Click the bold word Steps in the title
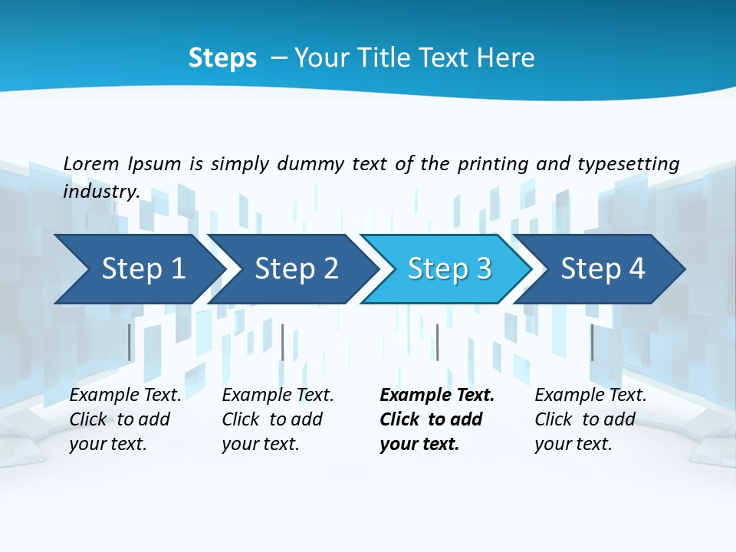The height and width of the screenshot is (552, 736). [222, 58]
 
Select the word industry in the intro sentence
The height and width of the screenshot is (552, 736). [100, 191]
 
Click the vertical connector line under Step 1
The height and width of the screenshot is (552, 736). [130, 342]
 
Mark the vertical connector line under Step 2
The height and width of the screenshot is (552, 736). [283, 342]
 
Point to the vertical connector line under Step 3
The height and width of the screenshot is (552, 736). [437, 342]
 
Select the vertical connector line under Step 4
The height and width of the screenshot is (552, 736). [592, 342]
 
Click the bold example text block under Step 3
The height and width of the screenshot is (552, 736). [437, 419]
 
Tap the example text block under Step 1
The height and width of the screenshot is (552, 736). [125, 419]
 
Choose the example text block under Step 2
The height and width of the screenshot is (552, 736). [278, 419]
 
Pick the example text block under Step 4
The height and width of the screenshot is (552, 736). [590, 419]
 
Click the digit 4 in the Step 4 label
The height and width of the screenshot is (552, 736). [636, 269]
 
